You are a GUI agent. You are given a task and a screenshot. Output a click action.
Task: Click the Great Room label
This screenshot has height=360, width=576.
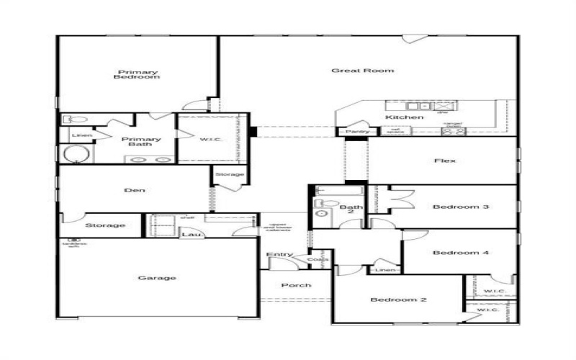click(x=362, y=71)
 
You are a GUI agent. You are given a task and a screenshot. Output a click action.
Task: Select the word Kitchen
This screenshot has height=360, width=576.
click(x=404, y=117)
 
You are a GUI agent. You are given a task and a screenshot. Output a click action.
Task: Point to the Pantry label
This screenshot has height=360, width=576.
click(x=357, y=132)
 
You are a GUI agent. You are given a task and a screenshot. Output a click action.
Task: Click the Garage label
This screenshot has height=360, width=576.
click(x=157, y=278)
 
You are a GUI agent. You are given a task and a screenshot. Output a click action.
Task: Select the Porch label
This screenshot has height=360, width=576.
click(x=296, y=286)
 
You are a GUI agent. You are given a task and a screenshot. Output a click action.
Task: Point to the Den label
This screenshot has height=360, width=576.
click(x=135, y=190)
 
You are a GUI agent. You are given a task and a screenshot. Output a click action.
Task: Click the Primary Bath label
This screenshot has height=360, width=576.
click(x=141, y=142)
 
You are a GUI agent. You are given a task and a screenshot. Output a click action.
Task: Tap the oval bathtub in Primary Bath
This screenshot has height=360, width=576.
click(x=74, y=153)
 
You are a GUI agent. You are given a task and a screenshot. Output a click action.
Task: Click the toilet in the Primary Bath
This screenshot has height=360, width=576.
click(x=74, y=120)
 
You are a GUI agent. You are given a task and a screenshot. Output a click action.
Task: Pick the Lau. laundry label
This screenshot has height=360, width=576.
click(x=190, y=234)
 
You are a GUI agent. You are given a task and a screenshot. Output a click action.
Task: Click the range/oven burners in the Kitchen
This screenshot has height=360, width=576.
click(x=454, y=132)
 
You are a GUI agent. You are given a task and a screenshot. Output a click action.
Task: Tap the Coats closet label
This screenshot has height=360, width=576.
click(x=318, y=259)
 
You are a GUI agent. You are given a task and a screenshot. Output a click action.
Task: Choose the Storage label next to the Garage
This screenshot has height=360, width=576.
click(x=105, y=225)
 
